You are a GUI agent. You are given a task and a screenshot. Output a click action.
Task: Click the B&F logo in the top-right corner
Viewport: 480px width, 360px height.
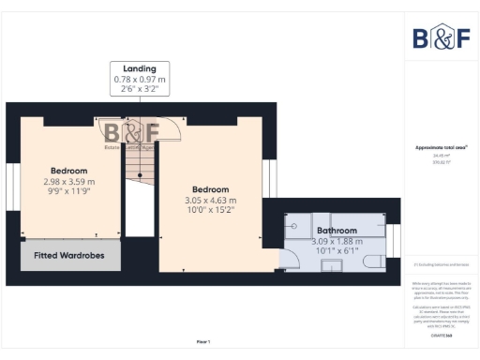click(x=442, y=37)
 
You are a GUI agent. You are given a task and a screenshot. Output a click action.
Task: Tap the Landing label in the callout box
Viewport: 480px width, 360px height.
click(x=141, y=68)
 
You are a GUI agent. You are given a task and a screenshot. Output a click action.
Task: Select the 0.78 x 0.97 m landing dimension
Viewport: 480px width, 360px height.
click(x=141, y=80)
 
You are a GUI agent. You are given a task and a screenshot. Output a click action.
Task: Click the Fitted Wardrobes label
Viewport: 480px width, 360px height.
click(x=70, y=255)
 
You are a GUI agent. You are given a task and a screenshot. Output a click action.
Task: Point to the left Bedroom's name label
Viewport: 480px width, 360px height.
click(x=69, y=171)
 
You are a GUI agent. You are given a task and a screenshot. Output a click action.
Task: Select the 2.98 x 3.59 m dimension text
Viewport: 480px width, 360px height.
click(x=69, y=182)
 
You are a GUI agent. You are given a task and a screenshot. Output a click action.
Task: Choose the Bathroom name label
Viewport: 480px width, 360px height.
click(x=336, y=230)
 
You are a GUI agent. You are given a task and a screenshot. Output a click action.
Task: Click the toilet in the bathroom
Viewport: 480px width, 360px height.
click(x=372, y=261)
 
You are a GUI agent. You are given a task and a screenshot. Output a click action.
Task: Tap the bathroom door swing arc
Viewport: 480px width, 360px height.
click(x=281, y=262)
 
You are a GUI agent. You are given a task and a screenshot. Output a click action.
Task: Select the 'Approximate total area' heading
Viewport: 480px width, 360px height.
click(x=442, y=147)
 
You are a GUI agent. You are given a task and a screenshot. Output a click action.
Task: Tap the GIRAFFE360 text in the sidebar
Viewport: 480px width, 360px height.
click(x=442, y=335)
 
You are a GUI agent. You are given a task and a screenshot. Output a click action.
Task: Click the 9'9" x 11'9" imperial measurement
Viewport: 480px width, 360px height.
click(x=69, y=192)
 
